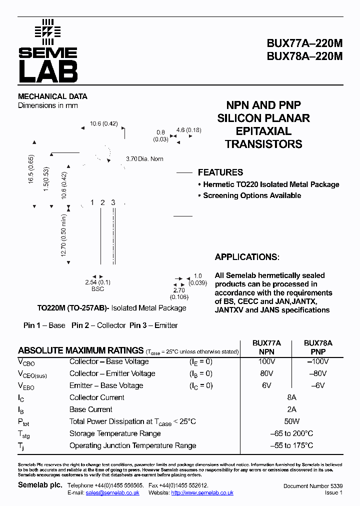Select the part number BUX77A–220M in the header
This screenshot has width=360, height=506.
point(304,43)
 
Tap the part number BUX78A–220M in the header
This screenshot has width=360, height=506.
point(304,56)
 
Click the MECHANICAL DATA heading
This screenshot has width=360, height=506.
point(52,96)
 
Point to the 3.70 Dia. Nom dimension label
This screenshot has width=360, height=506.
point(144,159)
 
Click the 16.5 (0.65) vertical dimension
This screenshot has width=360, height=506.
point(31,170)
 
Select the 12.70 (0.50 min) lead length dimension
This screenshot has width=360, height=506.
point(64,235)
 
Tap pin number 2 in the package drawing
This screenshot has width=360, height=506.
point(102,202)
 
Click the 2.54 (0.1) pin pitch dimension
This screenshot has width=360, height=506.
point(97,282)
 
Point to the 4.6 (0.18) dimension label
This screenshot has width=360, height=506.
point(188,130)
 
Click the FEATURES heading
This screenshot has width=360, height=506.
point(220,172)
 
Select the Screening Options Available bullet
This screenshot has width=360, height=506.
point(251,195)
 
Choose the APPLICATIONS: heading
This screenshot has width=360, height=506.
point(247,257)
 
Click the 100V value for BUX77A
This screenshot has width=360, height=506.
point(267,361)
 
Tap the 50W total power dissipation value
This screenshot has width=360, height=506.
point(292,421)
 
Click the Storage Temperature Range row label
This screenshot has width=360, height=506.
point(115,433)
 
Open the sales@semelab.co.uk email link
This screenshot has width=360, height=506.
point(112,492)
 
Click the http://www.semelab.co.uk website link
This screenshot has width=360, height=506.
point(202,492)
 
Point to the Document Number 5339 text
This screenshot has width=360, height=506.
point(312,486)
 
